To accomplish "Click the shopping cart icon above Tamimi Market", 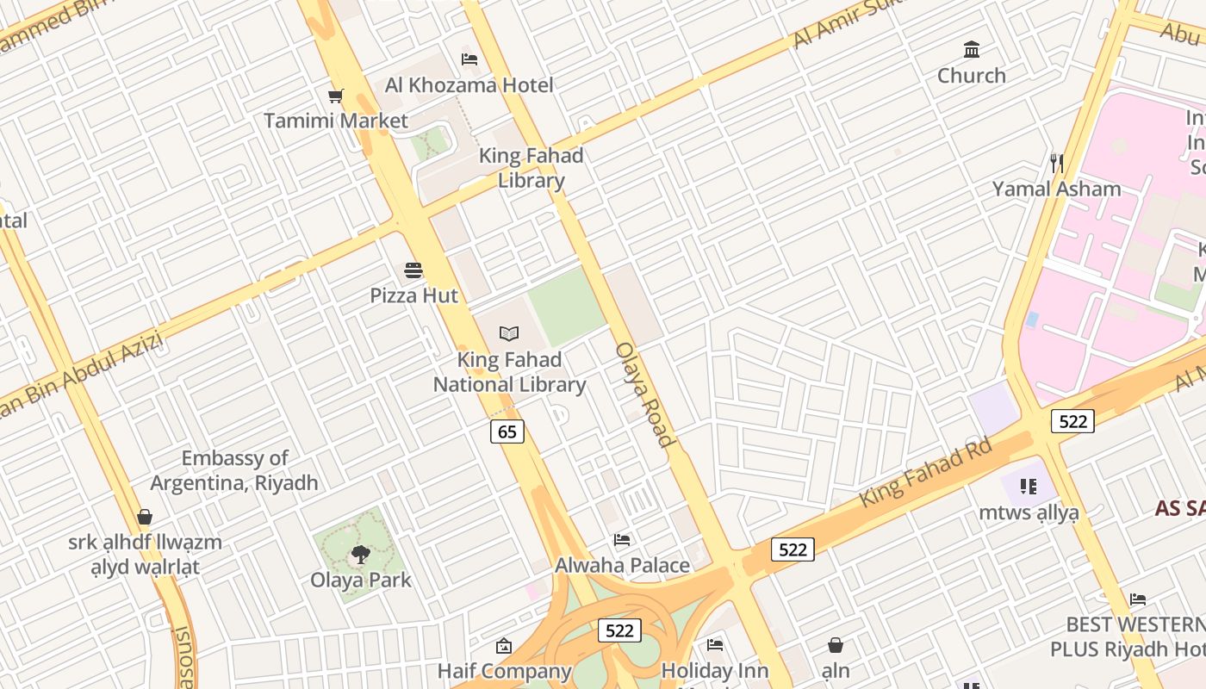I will point(335,96).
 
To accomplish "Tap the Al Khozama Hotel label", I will point(469,84).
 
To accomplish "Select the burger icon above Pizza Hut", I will point(413,270).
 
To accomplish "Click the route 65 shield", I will point(507,431).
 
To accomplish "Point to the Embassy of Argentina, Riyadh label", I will point(234,470).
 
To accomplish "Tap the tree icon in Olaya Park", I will point(361,556).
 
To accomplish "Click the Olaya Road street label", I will point(644,394).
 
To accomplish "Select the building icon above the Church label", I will point(972,50).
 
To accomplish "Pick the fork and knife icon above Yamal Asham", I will point(1057,163).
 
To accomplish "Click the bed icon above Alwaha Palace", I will point(622,540).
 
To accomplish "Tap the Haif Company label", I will point(504,671).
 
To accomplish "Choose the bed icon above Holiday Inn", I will point(714,644).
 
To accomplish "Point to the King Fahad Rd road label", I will point(926,472).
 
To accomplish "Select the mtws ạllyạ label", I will point(1029,512).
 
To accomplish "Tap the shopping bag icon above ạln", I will point(835,645).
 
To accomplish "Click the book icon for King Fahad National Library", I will point(509,333).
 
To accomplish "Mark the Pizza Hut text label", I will point(413,295).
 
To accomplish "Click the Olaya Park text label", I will point(361,580).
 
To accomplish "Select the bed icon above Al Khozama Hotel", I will point(469,59).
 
